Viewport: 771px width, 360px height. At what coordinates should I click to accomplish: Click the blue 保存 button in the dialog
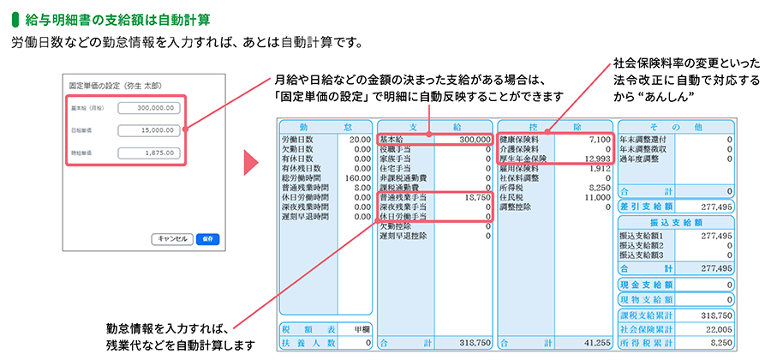pos(202,239)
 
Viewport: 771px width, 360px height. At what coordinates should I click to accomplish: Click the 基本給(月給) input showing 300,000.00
pos(150,108)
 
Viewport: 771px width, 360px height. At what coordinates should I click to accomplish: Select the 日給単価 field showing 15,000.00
pos(150,131)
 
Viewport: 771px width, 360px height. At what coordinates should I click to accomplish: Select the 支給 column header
pos(434,125)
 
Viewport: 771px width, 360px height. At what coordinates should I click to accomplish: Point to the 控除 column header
pos(554,125)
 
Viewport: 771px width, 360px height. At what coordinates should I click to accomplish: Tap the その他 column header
pos(676,125)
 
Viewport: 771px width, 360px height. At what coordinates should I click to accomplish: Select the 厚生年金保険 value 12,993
pos(595,159)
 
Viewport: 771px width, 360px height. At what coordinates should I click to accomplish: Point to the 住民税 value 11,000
pos(595,197)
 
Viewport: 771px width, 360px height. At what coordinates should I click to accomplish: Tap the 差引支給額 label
pos(650,207)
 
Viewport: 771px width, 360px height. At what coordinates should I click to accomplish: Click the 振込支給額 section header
pos(676,222)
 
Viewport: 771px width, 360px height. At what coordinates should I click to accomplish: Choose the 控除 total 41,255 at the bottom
pos(595,342)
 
